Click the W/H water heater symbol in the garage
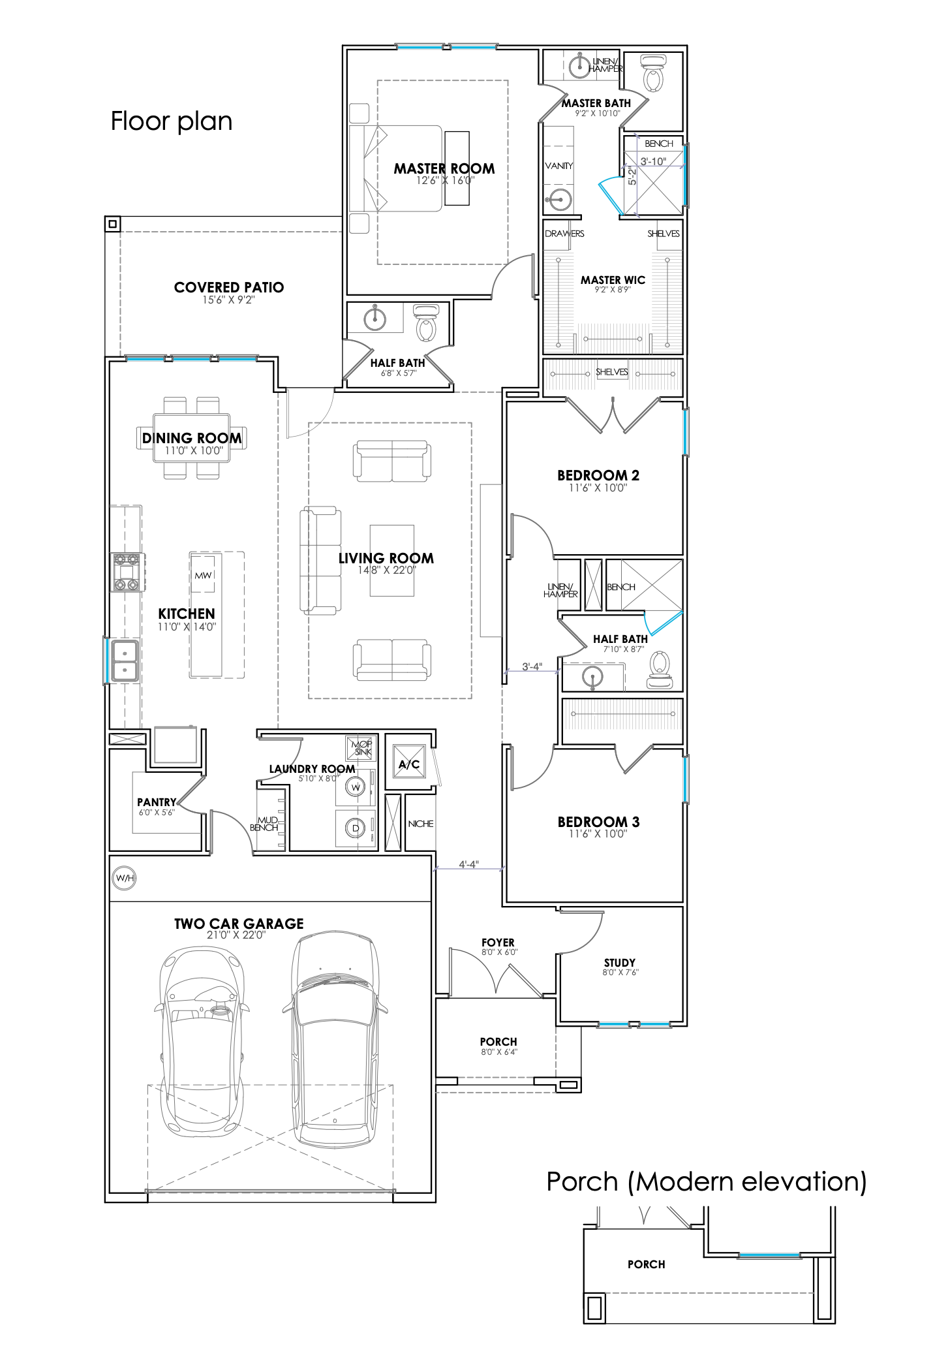pos(124,878)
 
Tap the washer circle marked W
pos(356,787)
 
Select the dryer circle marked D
pos(356,829)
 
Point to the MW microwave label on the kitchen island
pos(203,575)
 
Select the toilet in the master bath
pos(652,73)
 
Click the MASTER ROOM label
pos(444,168)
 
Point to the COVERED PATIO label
pos(229,287)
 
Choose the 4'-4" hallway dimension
pos(468,864)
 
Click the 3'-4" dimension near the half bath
pos(532,666)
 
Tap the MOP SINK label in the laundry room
pos(362,748)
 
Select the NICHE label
pos(421,824)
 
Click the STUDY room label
pos(620,963)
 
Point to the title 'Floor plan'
pos(172,121)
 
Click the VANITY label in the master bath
pos(559,166)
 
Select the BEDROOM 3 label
pos(598,822)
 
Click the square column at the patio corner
pos(113,224)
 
